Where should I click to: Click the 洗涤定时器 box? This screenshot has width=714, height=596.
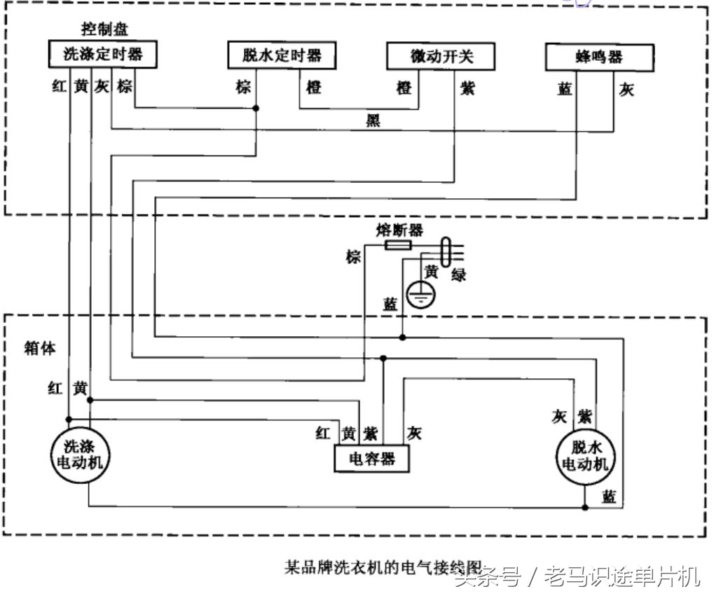[x=102, y=55]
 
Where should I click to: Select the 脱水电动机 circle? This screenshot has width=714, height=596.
[x=584, y=456]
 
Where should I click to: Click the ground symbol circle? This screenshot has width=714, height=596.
[x=420, y=295]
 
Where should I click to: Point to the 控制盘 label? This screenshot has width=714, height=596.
[x=105, y=30]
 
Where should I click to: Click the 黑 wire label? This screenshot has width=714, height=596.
[x=373, y=120]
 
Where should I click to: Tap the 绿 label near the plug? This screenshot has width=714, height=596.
[x=458, y=275]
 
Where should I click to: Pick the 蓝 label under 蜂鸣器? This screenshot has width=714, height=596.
[x=564, y=90]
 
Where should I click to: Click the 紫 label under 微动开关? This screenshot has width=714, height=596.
[x=467, y=89]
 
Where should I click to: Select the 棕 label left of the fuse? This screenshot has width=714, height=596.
[x=352, y=257]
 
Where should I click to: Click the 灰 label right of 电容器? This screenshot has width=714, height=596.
[x=414, y=434]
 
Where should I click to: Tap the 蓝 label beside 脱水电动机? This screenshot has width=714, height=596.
[x=609, y=497]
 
